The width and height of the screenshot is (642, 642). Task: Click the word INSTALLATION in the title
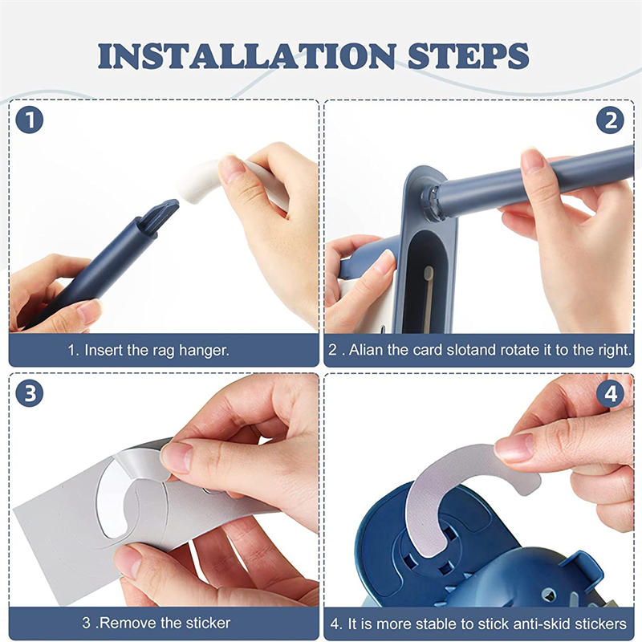(247, 55)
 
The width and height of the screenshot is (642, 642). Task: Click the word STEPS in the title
(469, 55)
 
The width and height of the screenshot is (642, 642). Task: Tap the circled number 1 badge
(30, 120)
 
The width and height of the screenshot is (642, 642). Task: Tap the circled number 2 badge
(610, 120)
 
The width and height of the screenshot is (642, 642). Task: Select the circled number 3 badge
(30, 393)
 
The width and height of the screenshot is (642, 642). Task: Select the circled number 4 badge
(610, 393)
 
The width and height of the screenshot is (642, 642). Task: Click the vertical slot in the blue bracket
(428, 282)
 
